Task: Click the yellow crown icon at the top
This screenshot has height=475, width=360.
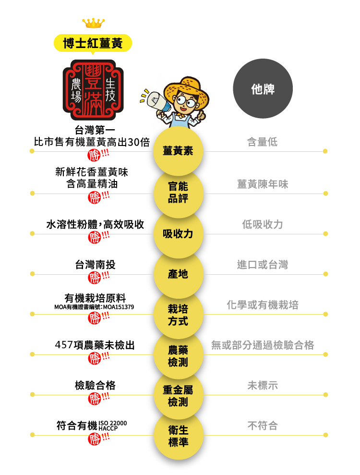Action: [93, 23]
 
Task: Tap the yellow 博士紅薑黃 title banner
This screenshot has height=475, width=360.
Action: [93, 43]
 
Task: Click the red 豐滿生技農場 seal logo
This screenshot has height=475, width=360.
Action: [93, 90]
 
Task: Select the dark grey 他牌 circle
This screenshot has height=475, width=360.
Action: [263, 89]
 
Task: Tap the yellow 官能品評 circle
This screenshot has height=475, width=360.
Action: [178, 192]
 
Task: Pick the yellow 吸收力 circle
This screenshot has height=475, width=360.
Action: [178, 234]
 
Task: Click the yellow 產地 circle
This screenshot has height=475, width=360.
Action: [178, 274]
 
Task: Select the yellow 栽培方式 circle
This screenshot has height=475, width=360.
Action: [178, 315]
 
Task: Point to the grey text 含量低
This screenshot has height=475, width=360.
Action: [262, 142]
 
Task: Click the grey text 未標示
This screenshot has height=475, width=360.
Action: [263, 385]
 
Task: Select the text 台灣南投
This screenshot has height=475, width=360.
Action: [95, 265]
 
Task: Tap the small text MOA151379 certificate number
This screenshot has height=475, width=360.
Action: [118, 307]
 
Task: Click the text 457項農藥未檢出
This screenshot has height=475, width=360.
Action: [95, 345]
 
